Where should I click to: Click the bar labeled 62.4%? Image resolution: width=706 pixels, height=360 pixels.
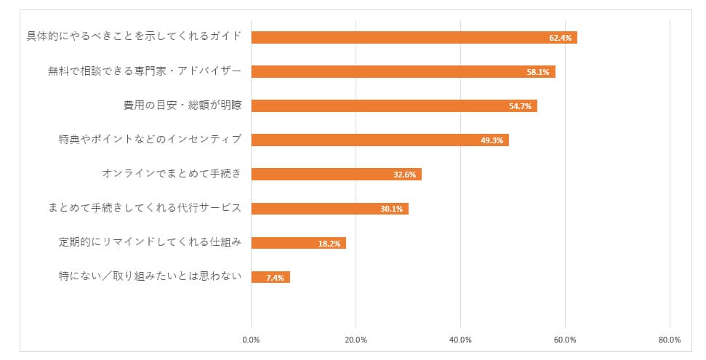point(414,37)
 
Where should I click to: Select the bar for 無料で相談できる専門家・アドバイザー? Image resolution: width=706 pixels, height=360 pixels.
point(403,71)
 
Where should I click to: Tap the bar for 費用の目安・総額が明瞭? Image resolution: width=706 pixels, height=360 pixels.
point(393,105)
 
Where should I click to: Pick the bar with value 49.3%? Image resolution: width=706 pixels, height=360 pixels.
point(380,140)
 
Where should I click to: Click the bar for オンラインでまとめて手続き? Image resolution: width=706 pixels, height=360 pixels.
point(336,175)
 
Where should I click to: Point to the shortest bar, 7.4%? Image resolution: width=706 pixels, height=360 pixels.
point(270,277)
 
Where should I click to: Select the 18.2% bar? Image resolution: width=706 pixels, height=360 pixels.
point(298,243)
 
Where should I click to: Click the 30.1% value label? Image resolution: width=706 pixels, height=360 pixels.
point(391,209)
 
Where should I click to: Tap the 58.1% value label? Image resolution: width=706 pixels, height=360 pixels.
point(538,72)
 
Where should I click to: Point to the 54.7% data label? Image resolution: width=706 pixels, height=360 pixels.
point(521,106)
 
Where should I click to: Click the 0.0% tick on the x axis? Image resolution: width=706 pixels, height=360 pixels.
point(251,340)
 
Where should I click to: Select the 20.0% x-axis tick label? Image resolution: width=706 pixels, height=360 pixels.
point(356,340)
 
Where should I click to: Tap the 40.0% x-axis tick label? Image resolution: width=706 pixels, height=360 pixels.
point(460,340)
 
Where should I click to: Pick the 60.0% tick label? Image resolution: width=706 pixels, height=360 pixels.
point(565,340)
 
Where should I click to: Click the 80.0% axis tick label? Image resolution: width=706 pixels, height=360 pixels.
point(670,340)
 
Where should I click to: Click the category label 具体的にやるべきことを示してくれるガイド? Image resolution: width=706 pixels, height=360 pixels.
point(134,36)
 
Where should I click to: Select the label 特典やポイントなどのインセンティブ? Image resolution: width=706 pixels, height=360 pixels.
point(150,140)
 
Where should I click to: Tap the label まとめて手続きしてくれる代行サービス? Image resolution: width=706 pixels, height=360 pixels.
point(144,209)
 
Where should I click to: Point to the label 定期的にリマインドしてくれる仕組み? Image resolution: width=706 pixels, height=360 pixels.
point(150,242)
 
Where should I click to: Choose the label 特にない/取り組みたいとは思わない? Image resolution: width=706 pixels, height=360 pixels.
point(150,276)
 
